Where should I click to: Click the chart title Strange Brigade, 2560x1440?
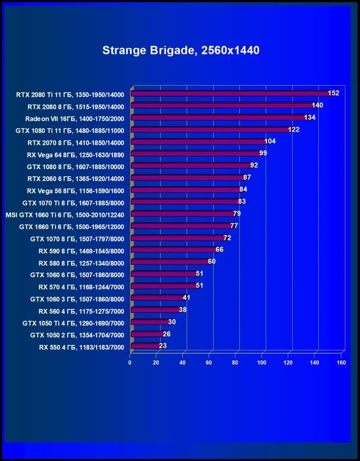[180, 50]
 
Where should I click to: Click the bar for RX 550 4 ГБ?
[145, 346]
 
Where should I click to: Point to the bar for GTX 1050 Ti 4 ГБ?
[150, 322]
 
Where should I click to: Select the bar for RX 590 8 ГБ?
[173, 250]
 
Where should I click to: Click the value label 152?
[333, 93]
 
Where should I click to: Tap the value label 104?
[270, 141]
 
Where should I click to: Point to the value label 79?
[237, 214]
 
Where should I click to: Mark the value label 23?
[162, 346]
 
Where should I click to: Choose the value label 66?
[219, 250]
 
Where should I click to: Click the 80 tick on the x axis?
[235, 362]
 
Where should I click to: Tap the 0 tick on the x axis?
[130, 362]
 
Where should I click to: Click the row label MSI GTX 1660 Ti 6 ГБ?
[65, 215]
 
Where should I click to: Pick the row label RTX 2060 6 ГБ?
[76, 179]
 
